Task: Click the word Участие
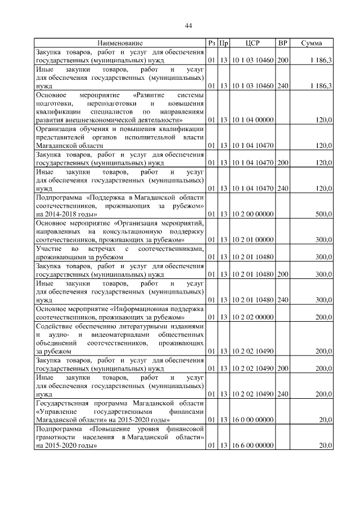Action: [48, 249]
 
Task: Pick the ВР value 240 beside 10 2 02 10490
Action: [283, 394]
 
